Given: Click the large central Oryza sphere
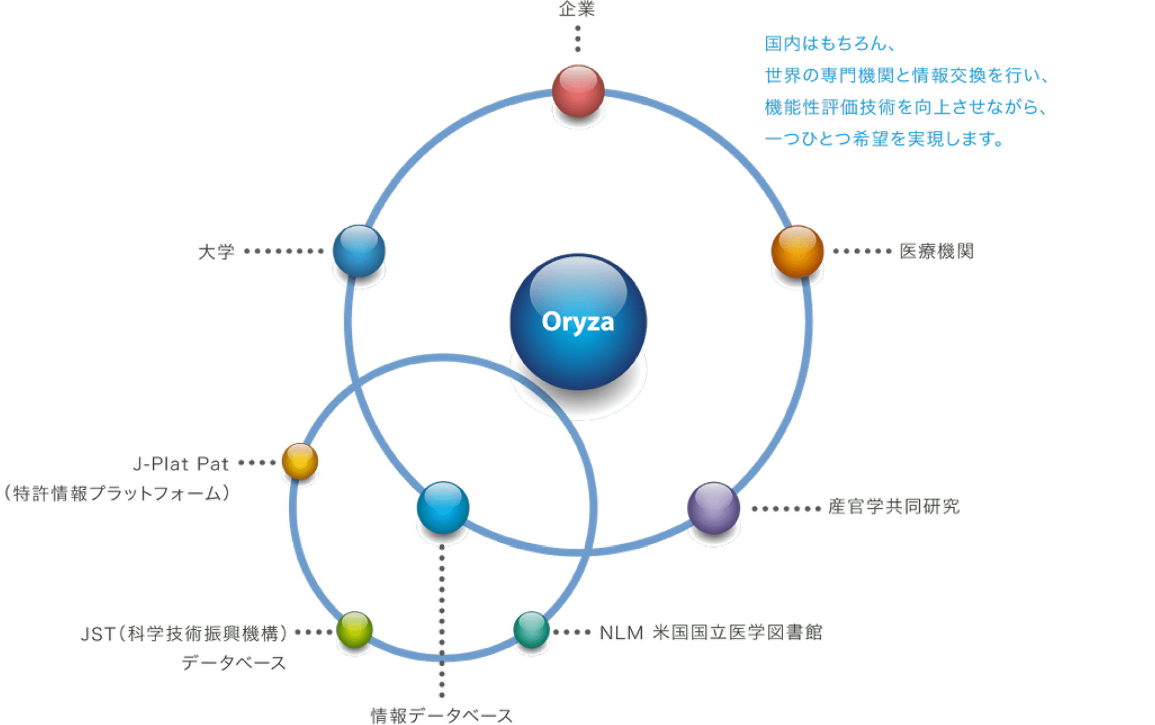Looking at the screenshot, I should [578, 322].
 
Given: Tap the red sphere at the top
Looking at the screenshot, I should [578, 91].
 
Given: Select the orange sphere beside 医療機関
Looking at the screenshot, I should [797, 251].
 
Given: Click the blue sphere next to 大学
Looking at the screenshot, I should [358, 251].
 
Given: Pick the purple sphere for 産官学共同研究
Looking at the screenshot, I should [714, 508].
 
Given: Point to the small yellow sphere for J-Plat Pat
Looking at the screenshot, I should [300, 461].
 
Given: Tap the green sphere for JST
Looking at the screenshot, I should [355, 630].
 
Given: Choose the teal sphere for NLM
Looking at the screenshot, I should [531, 630].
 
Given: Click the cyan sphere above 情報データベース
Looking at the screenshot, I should [443, 508].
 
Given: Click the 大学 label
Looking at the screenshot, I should [216, 252].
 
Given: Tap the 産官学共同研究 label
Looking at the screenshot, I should [893, 507].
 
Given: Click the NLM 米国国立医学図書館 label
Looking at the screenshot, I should [710, 633].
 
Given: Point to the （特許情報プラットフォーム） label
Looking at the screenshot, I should [117, 493].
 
